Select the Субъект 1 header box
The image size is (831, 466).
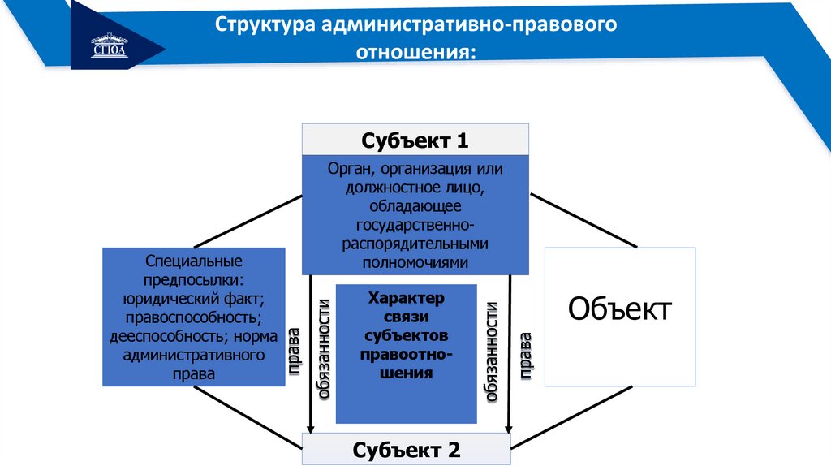click(415, 140)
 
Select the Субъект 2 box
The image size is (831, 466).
click(406, 448)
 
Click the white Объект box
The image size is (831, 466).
click(619, 317)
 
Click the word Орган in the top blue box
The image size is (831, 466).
click(350, 169)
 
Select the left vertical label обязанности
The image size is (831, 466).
click(324, 349)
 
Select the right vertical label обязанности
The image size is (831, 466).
click(491, 352)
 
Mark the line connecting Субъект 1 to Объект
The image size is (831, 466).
click(583, 219)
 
